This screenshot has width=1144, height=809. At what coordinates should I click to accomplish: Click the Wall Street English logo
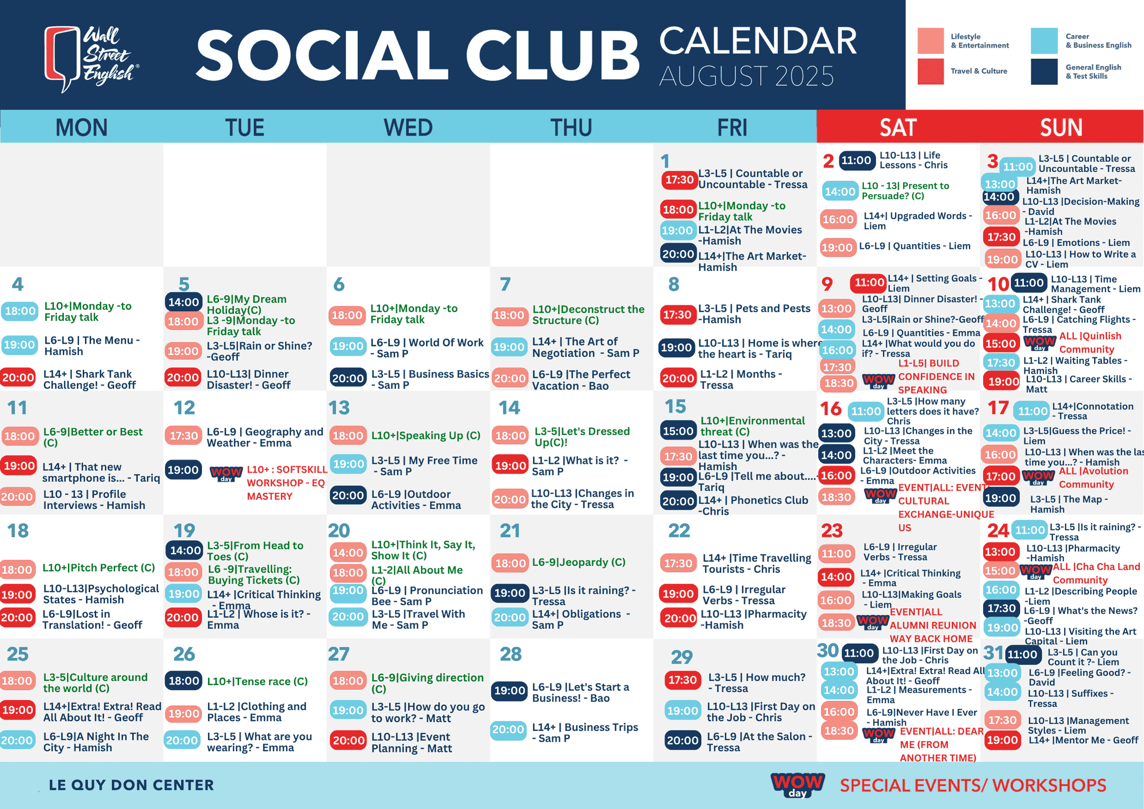(x=92, y=59)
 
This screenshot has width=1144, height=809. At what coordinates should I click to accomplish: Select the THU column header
(x=571, y=127)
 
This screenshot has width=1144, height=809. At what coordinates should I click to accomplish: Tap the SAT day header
(x=898, y=127)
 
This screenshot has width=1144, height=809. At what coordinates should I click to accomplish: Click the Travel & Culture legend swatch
(x=931, y=71)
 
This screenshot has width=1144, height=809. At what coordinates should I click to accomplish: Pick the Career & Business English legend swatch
(x=1044, y=40)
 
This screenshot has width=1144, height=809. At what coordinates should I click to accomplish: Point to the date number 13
(x=339, y=408)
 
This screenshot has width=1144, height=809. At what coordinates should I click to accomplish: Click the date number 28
(x=511, y=654)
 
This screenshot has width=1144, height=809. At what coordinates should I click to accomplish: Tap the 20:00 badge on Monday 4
(x=18, y=378)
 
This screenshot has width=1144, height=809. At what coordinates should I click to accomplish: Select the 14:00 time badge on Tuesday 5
(x=184, y=302)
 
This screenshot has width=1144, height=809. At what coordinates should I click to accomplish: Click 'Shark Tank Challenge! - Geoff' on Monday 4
(x=89, y=379)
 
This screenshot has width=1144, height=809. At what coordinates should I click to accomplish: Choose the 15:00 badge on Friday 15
(x=678, y=431)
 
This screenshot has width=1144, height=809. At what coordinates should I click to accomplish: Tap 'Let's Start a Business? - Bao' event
(x=581, y=692)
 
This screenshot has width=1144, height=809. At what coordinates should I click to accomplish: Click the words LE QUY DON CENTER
(x=131, y=785)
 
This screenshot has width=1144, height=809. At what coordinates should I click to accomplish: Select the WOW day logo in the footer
(x=798, y=784)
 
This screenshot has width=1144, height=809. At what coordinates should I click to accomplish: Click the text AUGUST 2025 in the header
(x=746, y=76)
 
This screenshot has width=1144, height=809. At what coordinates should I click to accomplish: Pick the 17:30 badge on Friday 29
(x=682, y=680)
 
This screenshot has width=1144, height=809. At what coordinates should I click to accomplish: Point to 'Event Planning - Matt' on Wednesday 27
(x=411, y=742)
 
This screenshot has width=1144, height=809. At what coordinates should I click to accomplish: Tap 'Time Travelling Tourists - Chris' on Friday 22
(x=757, y=564)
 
